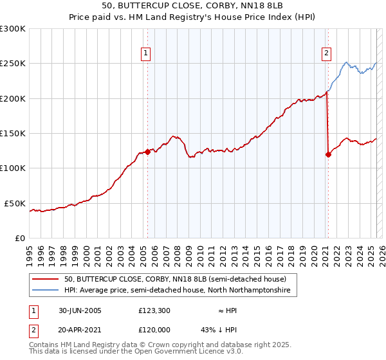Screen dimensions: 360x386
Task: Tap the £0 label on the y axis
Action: pos(20,238)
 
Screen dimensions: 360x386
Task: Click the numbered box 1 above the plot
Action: pos(147,53)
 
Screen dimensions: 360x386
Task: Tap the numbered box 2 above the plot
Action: pos(327,53)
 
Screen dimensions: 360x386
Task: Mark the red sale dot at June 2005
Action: pos(148,152)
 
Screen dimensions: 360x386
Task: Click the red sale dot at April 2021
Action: pos(328,154)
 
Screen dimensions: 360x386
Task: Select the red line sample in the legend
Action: pos(46,279)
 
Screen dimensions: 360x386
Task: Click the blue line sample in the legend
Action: pos(46,291)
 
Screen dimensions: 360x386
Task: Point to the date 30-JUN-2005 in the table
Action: pos(80,310)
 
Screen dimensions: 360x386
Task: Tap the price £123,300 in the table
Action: pos(154,310)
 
